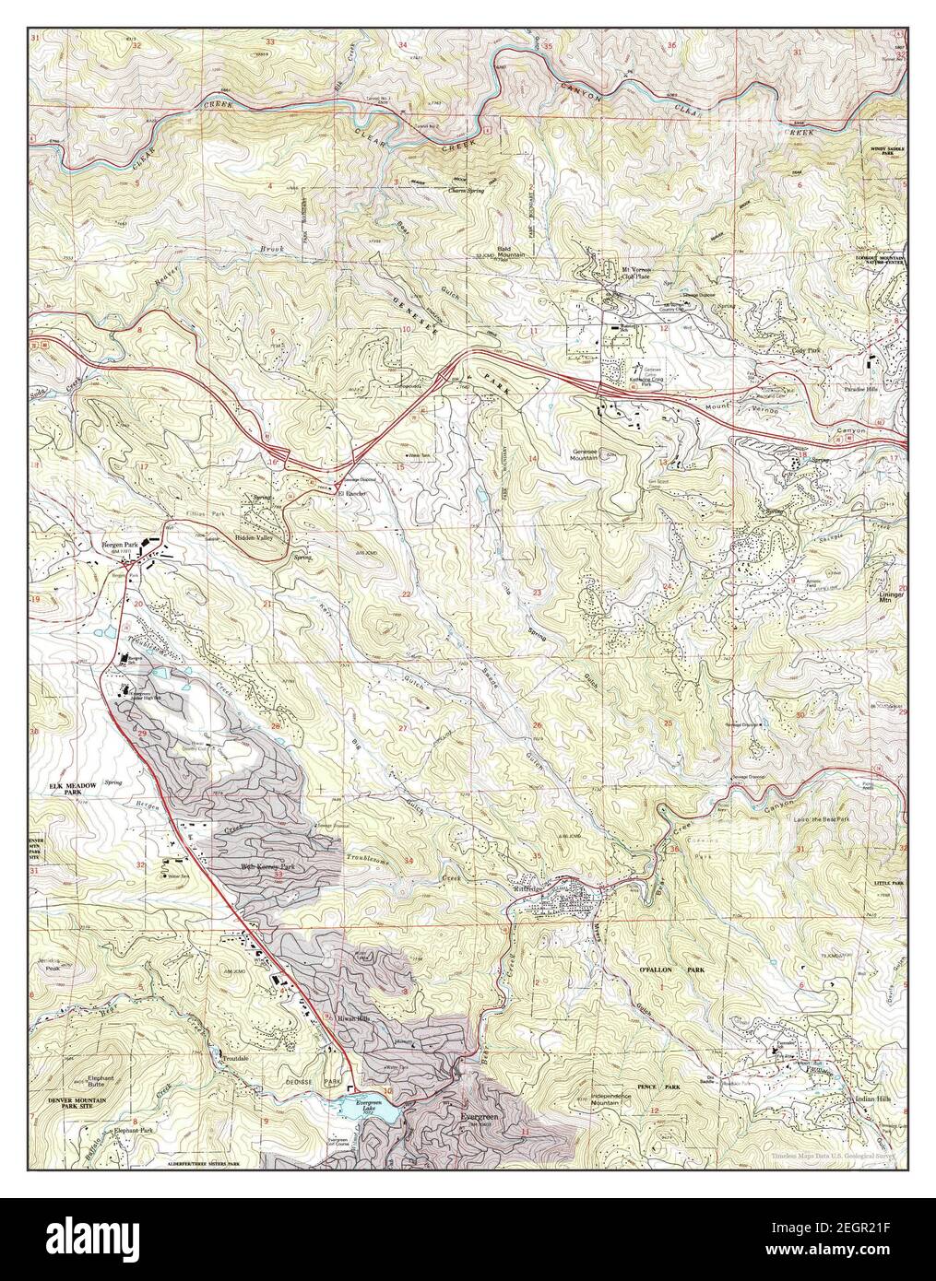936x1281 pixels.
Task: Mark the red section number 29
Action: coord(143,734)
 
